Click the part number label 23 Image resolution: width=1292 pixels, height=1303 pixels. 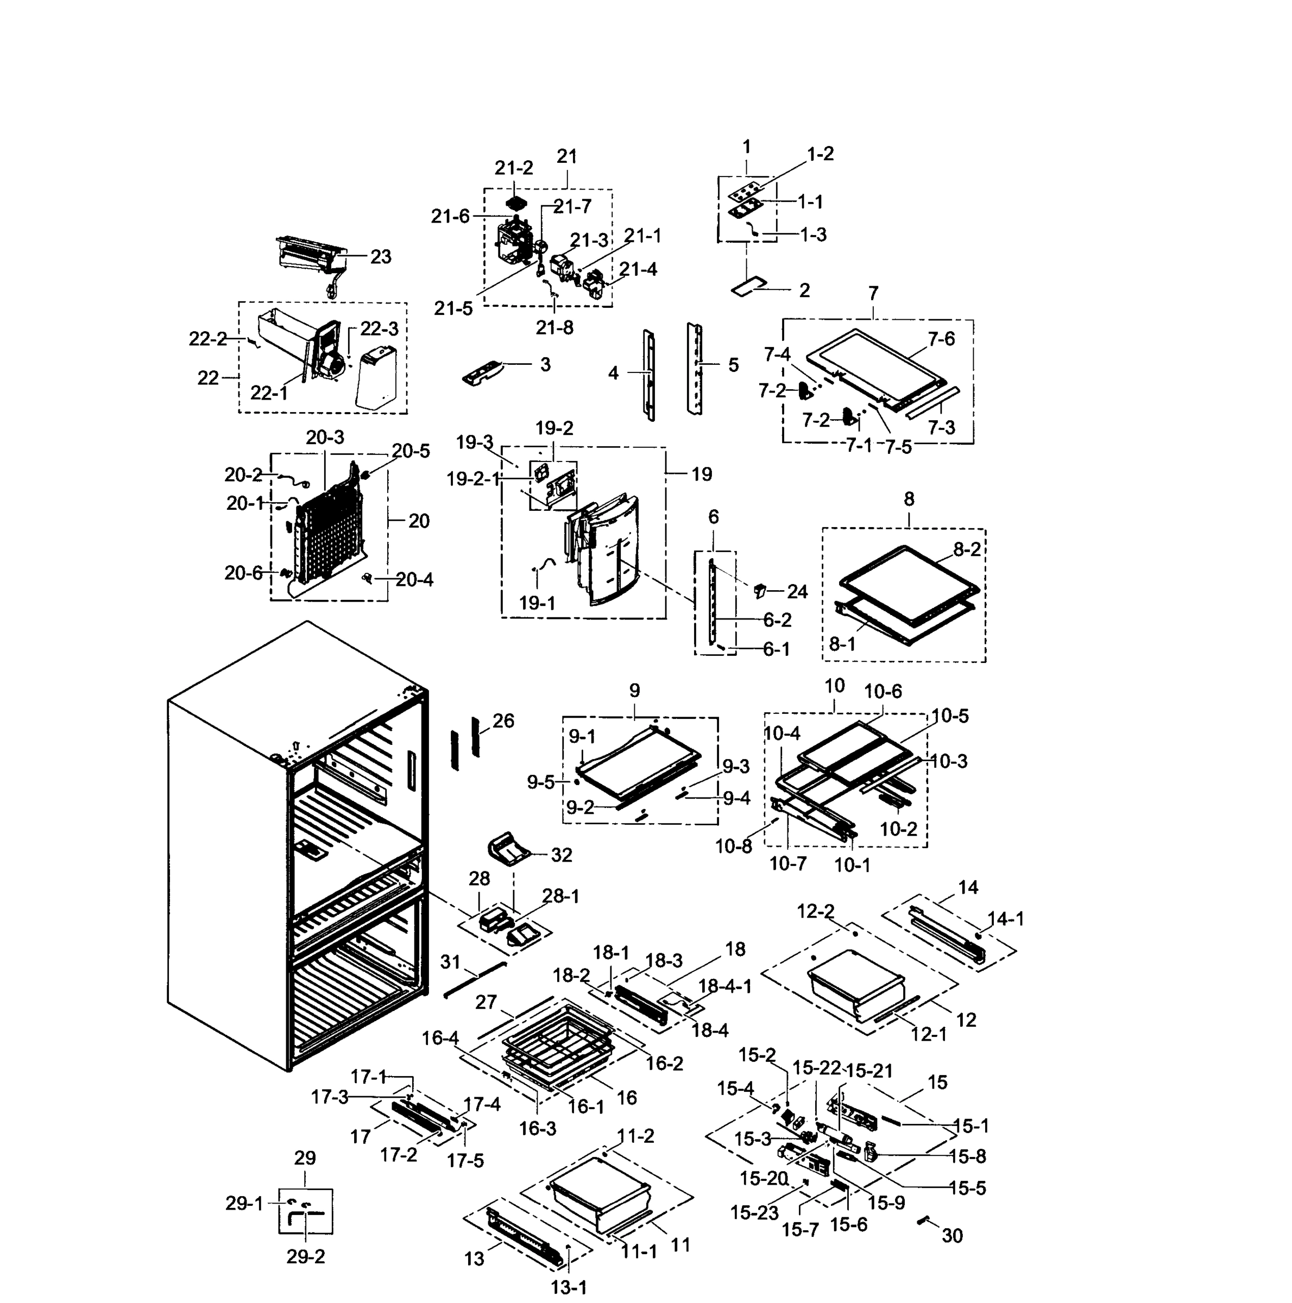(381, 257)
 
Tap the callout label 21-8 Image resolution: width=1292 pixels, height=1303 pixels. (554, 328)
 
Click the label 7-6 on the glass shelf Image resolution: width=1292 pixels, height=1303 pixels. (941, 339)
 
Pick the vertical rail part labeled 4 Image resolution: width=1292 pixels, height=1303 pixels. (649, 375)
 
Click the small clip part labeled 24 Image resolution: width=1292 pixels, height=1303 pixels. (760, 591)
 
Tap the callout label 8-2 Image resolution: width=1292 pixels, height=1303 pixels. (966, 549)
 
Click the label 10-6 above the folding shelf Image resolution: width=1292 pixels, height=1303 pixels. (883, 691)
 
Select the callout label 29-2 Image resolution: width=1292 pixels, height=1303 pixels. (306, 1256)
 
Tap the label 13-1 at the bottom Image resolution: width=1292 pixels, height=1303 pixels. (569, 1287)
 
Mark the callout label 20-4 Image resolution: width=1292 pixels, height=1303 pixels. (414, 580)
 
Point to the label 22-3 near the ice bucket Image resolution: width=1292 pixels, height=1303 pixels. (379, 329)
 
